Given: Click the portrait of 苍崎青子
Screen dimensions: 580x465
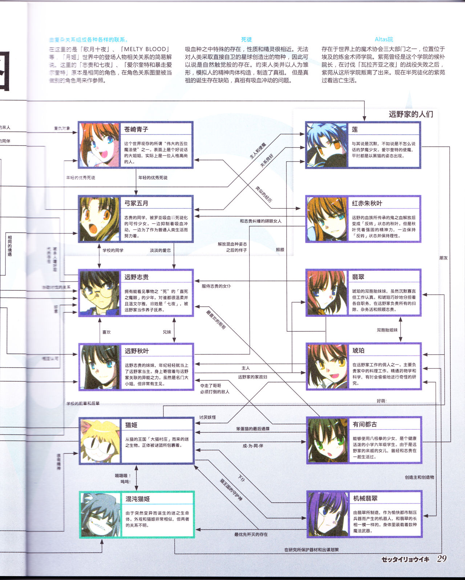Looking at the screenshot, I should tap(99, 145).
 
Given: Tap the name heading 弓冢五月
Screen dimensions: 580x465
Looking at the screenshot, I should tap(136, 203).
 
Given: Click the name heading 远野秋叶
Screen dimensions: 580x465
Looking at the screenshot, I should tap(137, 351).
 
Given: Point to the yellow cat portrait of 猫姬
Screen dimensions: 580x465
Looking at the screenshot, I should tap(100, 441).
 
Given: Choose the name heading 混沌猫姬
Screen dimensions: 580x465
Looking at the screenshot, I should tap(138, 499).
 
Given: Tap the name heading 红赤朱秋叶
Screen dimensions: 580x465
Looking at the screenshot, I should tap(367, 203).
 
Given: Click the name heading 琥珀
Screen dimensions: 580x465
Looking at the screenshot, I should tap(358, 351).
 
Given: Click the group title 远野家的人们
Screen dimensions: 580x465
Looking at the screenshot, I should tap(411, 114).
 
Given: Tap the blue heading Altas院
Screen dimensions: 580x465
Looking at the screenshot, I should tap(384, 39).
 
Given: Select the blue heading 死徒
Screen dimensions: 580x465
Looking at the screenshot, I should tap(246, 39).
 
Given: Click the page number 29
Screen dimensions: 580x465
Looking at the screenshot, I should tap(442, 559).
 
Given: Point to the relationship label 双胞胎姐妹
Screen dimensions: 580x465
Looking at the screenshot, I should tap(387, 330).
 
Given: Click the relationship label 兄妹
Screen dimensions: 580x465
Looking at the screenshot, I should tap(167, 332).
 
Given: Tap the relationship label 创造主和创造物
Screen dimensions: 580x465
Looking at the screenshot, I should tap(419, 477).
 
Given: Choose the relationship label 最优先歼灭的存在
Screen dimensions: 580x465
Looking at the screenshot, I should tap(251, 534).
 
